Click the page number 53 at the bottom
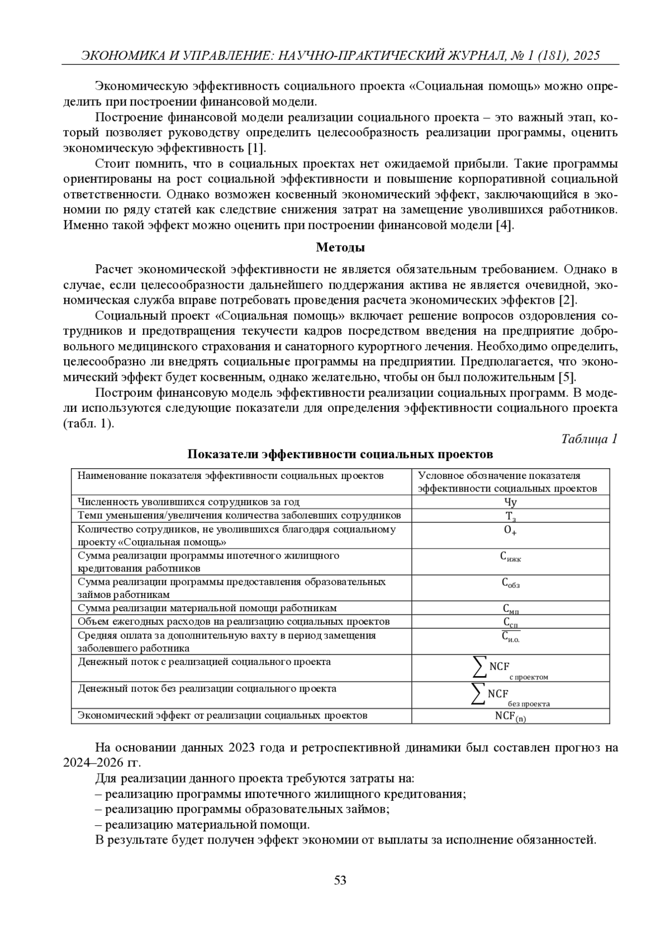340,879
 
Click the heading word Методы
340,247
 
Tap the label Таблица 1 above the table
589,439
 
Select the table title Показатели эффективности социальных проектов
340,454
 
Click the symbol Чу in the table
510,502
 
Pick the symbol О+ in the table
510,530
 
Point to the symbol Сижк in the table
510,557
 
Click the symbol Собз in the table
510,583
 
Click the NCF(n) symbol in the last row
510,716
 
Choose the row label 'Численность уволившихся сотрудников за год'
188,502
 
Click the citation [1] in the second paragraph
256,148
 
